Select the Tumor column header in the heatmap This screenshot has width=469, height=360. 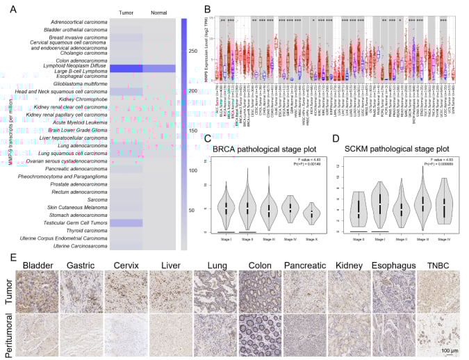pos(126,13)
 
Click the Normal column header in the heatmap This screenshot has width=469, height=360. pos(158,13)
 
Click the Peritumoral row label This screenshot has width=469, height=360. pos(8,335)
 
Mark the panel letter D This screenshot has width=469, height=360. pos(338,140)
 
